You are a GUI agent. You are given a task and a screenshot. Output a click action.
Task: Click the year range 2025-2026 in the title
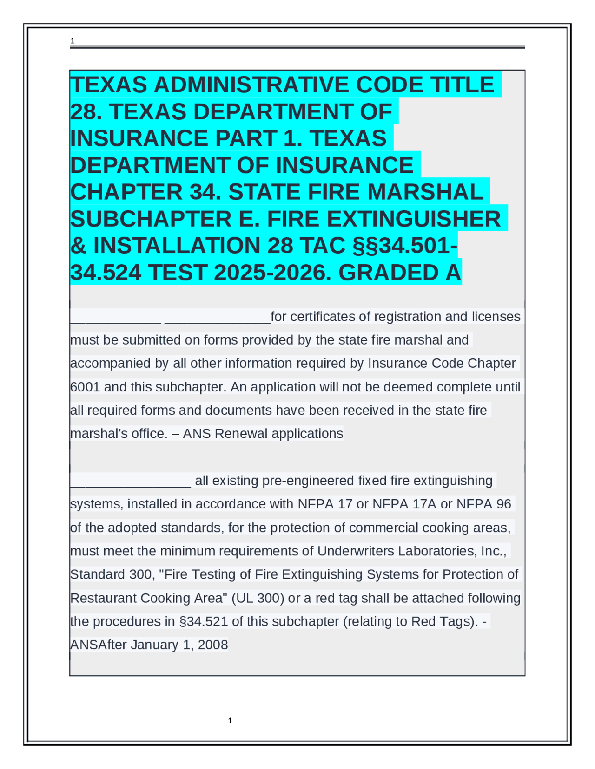273,273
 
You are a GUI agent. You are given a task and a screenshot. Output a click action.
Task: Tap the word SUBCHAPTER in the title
151,219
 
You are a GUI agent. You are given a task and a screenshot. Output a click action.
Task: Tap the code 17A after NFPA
423,504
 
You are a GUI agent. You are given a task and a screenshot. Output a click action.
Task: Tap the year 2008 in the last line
213,645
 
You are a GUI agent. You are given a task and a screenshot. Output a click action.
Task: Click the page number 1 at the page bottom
230,721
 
